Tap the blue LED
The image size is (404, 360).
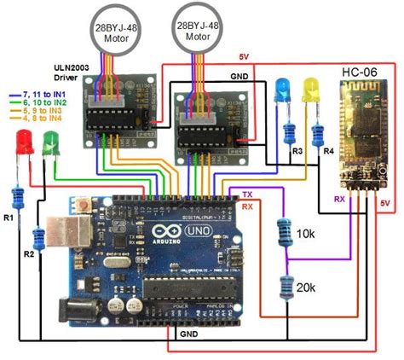282,90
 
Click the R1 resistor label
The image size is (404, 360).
9,219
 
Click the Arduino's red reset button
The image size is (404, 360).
84,205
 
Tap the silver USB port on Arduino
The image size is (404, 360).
65,238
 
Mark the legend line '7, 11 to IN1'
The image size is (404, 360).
33,90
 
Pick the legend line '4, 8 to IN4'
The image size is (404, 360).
33,118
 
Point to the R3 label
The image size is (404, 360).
297,151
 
